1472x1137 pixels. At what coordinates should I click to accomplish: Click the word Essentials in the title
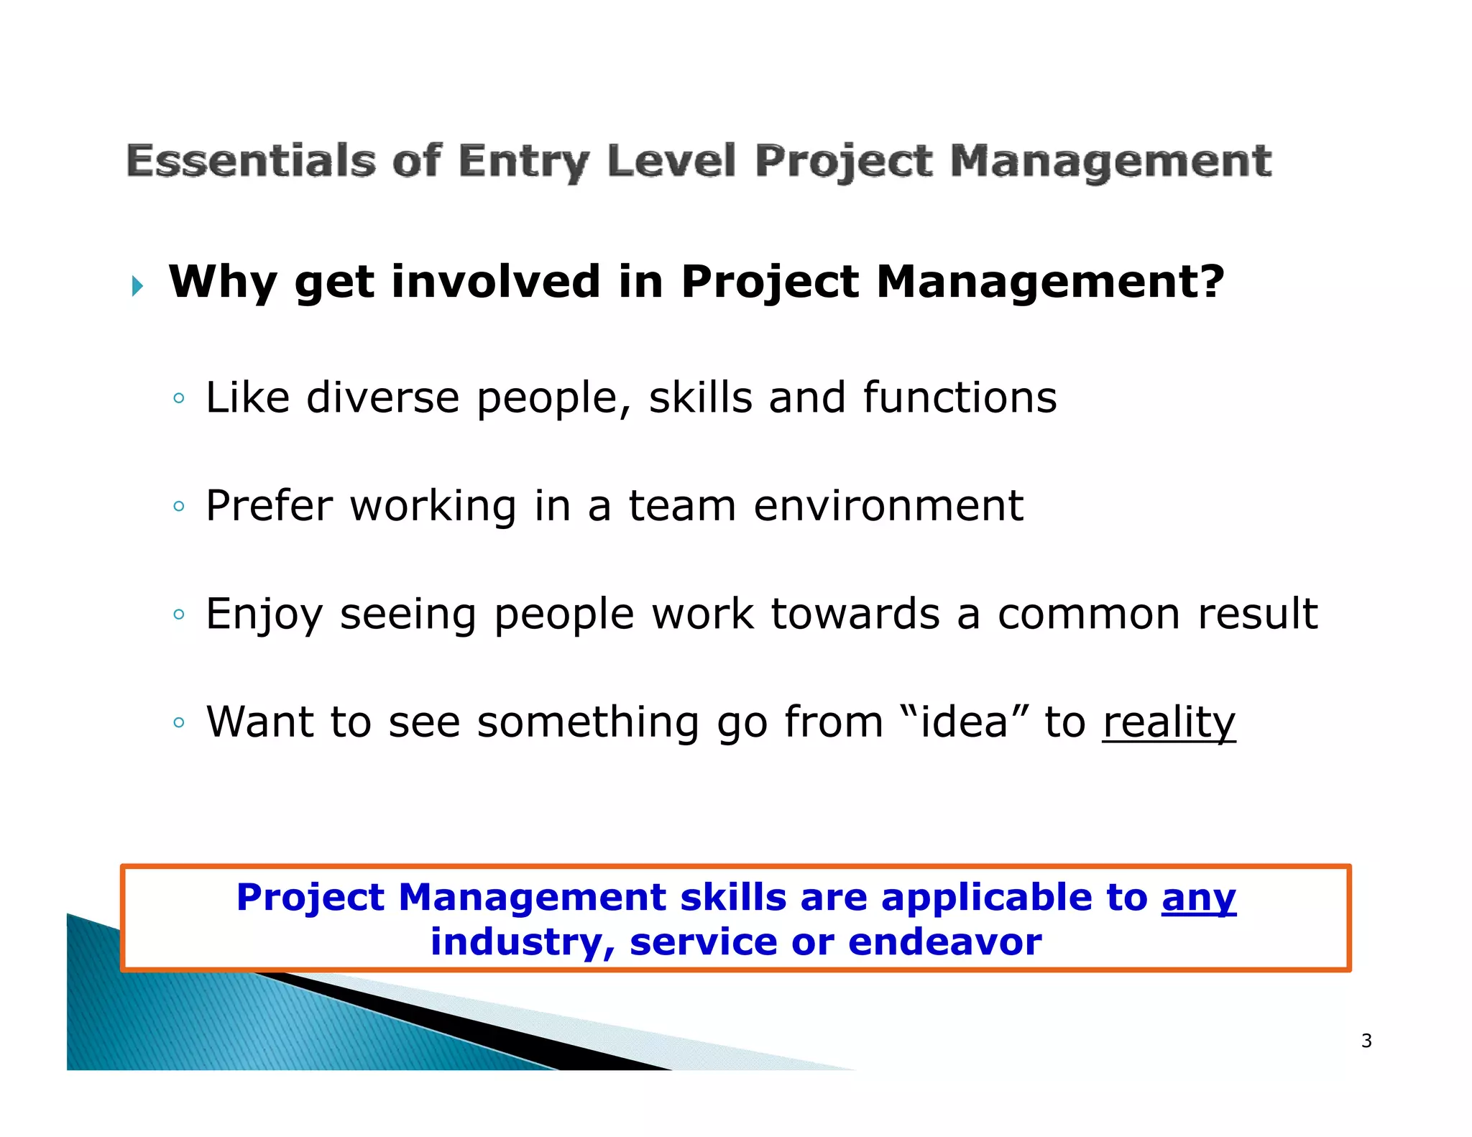coord(251,160)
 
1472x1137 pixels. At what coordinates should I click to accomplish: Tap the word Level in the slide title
coord(671,160)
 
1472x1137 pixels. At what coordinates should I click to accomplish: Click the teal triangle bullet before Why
coord(137,287)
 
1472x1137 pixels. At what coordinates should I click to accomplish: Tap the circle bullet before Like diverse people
coord(179,399)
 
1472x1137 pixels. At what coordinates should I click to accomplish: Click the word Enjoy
coord(264,615)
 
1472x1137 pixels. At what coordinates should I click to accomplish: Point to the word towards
coord(855,614)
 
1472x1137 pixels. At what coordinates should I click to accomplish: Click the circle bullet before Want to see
coord(179,722)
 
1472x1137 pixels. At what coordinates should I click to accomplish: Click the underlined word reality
coord(1169,723)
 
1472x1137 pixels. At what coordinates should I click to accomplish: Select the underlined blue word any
coord(1198,898)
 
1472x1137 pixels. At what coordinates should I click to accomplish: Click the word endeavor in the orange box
coord(944,942)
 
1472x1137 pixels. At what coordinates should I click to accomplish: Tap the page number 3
coord(1366,1041)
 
